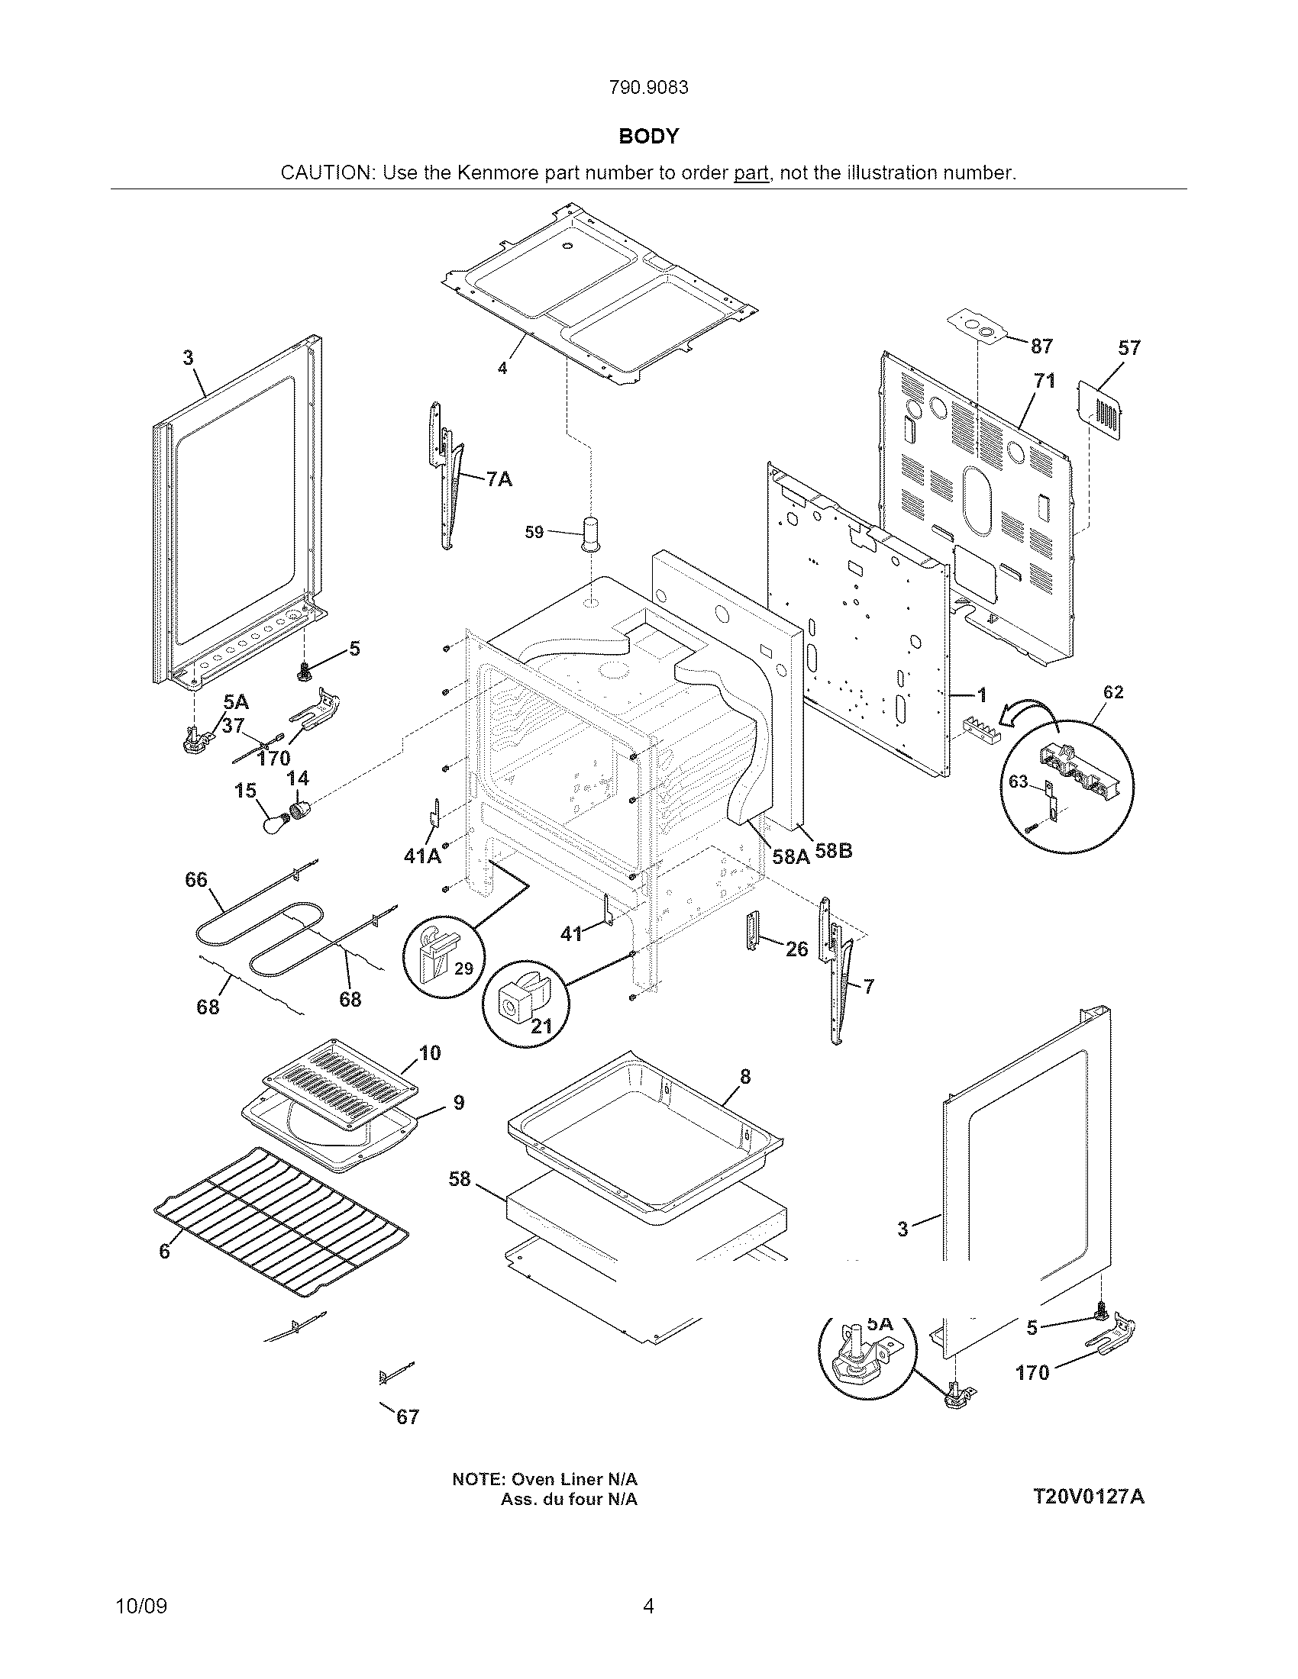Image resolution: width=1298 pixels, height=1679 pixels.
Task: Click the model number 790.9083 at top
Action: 648,88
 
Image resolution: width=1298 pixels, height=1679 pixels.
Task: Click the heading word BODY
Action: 648,136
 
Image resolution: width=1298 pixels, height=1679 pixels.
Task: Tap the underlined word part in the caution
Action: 751,173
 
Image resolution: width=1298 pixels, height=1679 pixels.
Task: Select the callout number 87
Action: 1041,346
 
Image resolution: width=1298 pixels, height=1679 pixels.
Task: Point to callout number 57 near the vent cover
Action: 1128,348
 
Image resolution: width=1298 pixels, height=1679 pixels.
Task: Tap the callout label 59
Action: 534,532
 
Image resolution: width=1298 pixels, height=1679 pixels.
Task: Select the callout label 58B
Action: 834,852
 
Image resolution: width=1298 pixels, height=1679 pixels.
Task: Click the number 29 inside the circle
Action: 463,968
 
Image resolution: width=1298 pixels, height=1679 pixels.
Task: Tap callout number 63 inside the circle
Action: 1018,781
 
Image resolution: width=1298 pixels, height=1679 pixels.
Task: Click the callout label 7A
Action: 499,480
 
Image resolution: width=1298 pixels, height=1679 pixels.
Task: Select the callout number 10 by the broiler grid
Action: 430,1052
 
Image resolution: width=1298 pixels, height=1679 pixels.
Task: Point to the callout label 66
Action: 196,879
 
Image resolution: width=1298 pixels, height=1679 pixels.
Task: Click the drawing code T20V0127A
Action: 1088,1497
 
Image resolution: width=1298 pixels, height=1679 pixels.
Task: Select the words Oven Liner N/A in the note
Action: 574,1479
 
